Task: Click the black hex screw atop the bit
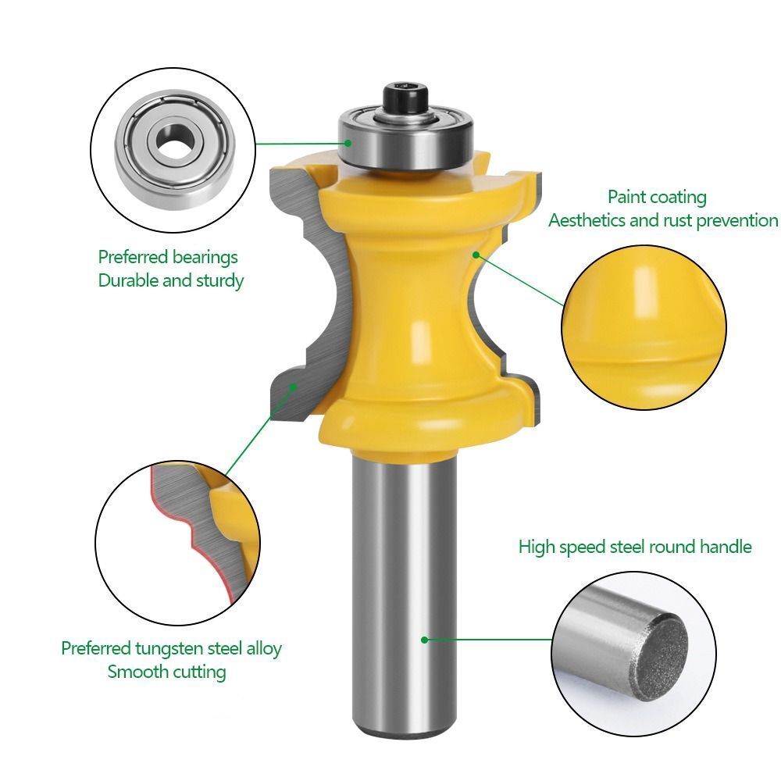tap(405, 97)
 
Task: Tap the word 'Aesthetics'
tap(587, 220)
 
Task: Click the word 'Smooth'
tap(136, 672)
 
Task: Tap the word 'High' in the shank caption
tap(535, 547)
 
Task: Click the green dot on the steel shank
tap(424, 639)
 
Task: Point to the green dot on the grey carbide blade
tap(294, 385)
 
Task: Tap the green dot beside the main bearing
tap(348, 143)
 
